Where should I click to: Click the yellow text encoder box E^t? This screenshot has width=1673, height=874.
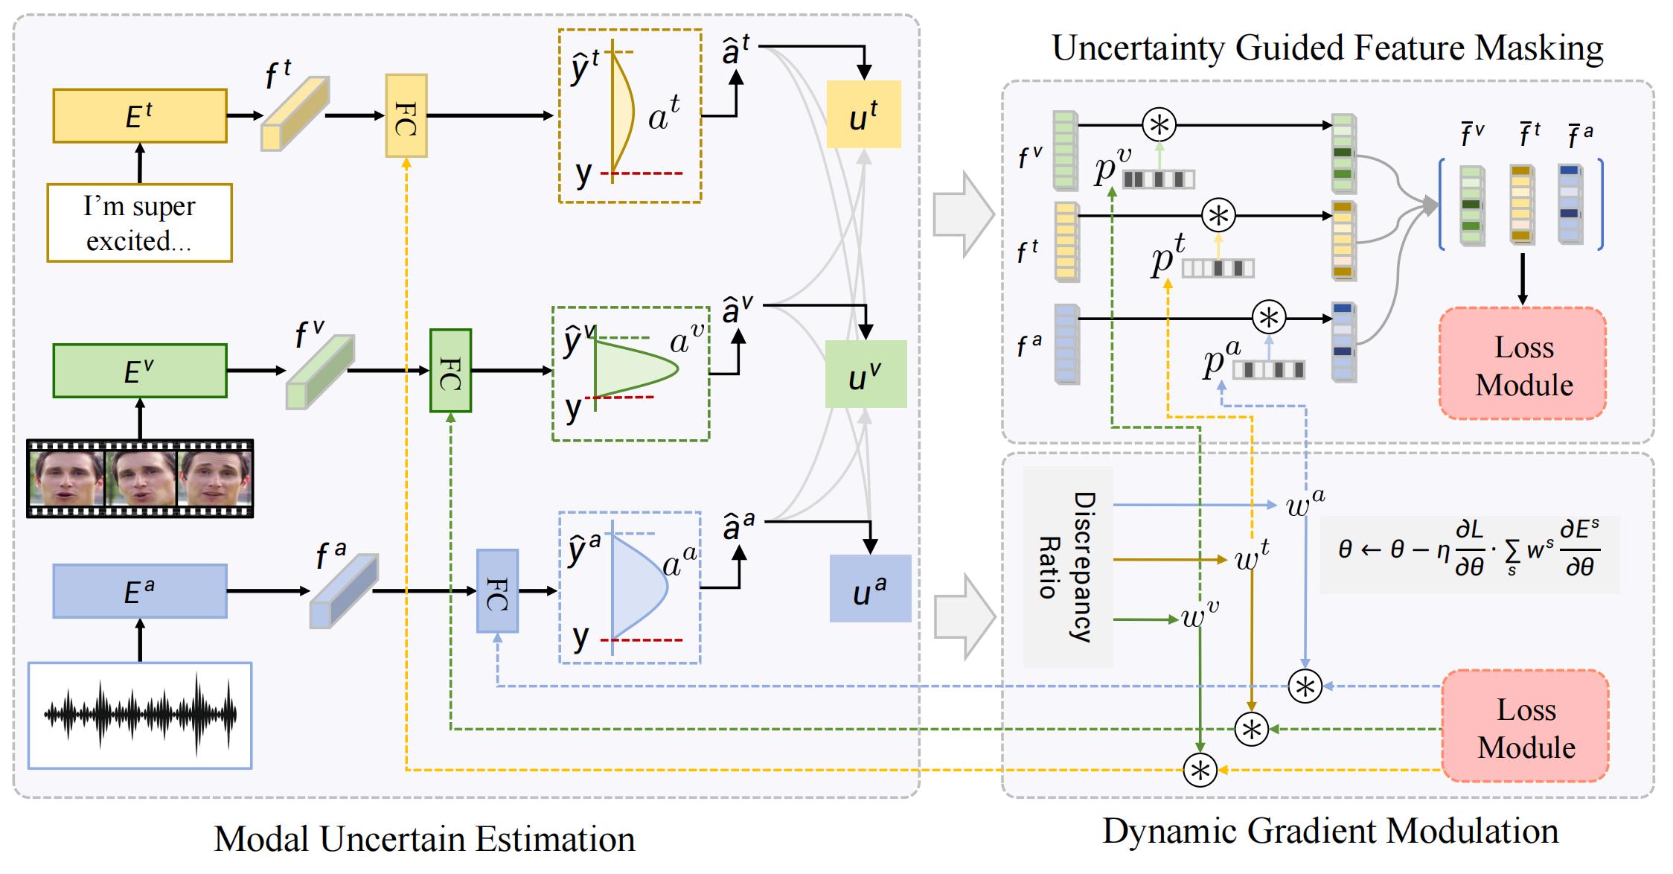coord(140,115)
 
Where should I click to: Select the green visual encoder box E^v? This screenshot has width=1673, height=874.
coord(140,371)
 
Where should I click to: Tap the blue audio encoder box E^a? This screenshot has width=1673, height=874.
coord(140,591)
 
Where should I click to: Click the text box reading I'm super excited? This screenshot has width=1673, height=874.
coord(140,223)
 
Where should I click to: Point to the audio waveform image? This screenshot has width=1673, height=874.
coord(140,715)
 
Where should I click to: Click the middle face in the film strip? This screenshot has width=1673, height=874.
coord(141,478)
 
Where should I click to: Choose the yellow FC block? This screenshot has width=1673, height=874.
coord(406,115)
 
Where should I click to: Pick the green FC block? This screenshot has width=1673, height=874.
coord(451,371)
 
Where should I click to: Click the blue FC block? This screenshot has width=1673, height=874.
coord(497,591)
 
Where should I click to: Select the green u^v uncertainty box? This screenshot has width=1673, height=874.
coord(866,374)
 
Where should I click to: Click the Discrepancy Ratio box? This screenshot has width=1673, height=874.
coord(1068,567)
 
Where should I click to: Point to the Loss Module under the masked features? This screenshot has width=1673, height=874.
coord(1523,363)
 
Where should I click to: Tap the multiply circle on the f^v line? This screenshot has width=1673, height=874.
coord(1159,124)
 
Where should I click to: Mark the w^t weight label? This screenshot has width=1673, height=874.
coord(1252,555)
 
